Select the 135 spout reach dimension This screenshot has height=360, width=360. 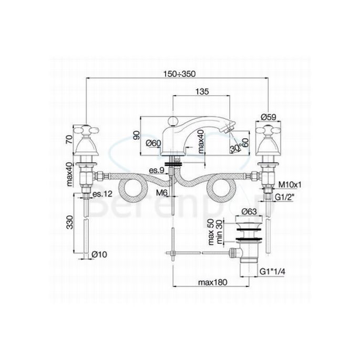202,91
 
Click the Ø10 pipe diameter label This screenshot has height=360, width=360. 99,254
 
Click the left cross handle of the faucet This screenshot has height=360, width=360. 86,130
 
